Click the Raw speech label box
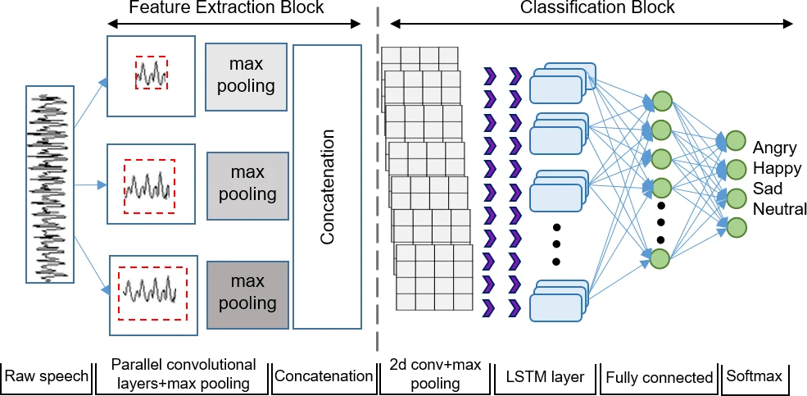[47, 376]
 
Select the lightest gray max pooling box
[247, 75]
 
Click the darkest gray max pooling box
[247, 293]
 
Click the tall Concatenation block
[327, 187]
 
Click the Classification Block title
[597, 8]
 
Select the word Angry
[775, 148]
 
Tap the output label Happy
[778, 169]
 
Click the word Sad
[768, 189]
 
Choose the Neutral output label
[780, 209]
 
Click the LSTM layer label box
[545, 376]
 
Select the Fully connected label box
[659, 376]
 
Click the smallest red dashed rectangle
[152, 74]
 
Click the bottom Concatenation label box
[324, 376]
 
